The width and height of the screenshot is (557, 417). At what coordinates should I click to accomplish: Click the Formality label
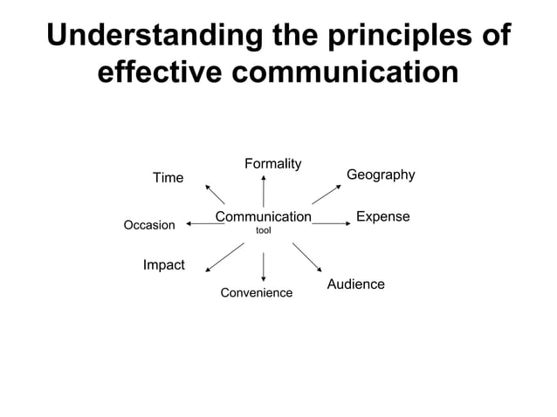(x=273, y=164)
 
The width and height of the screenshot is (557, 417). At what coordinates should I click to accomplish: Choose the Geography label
(x=381, y=175)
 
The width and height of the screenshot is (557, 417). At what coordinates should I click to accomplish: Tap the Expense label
(x=383, y=216)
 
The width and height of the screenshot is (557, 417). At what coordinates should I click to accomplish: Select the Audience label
(x=355, y=284)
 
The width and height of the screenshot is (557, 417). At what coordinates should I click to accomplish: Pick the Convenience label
(x=256, y=293)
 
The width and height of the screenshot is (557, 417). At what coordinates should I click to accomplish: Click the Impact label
(x=163, y=264)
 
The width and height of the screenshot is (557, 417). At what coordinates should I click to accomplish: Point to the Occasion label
(x=149, y=225)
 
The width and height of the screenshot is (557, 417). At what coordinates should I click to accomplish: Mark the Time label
(x=168, y=178)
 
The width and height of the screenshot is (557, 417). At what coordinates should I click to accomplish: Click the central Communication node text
(x=263, y=216)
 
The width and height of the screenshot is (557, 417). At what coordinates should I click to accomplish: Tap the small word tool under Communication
(x=263, y=231)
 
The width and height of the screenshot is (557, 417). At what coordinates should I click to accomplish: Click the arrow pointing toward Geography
(x=326, y=194)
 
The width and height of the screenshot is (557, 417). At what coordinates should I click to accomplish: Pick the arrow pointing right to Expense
(x=330, y=223)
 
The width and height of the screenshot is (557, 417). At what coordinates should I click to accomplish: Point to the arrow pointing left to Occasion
(x=205, y=224)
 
